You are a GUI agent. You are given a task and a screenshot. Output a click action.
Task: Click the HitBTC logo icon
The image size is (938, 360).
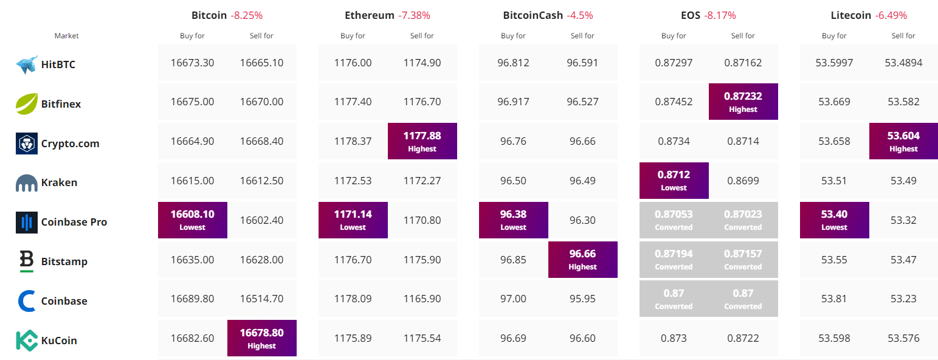[27, 64]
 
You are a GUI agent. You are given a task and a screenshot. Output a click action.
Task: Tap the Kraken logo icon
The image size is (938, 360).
[27, 182]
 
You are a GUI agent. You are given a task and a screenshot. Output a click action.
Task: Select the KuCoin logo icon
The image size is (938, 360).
[27, 341]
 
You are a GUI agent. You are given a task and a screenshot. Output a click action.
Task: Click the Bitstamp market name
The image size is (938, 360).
[64, 261]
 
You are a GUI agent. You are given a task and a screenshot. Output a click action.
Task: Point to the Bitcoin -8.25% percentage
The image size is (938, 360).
[247, 15]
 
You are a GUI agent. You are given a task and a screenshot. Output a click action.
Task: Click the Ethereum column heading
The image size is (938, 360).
[370, 15]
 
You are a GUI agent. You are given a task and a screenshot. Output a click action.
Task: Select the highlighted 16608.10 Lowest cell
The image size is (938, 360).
[193, 220]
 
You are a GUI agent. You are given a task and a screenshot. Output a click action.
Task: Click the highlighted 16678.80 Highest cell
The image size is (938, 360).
[262, 338]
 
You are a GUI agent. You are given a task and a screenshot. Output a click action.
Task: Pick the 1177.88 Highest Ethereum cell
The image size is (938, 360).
[422, 141]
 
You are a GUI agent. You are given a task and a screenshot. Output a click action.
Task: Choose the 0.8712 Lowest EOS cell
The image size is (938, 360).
[674, 181]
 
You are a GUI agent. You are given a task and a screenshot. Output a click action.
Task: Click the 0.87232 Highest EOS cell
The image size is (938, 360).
[743, 102]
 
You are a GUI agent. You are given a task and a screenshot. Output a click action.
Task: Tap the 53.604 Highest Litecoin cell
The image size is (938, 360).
[904, 141]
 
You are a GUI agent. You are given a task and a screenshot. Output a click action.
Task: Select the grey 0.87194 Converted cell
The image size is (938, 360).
[674, 260]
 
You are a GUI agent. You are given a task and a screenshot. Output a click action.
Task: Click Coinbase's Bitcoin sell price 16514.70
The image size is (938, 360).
[262, 299]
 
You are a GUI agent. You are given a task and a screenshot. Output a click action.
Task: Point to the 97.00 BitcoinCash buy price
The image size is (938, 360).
[514, 299]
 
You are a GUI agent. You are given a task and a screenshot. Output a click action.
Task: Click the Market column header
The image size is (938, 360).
[67, 36]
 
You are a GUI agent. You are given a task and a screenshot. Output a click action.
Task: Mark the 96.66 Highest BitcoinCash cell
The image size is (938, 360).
[583, 260]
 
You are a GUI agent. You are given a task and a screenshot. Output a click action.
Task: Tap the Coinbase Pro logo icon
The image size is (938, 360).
[27, 222]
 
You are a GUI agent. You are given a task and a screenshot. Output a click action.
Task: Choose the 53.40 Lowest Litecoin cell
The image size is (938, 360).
[835, 220]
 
